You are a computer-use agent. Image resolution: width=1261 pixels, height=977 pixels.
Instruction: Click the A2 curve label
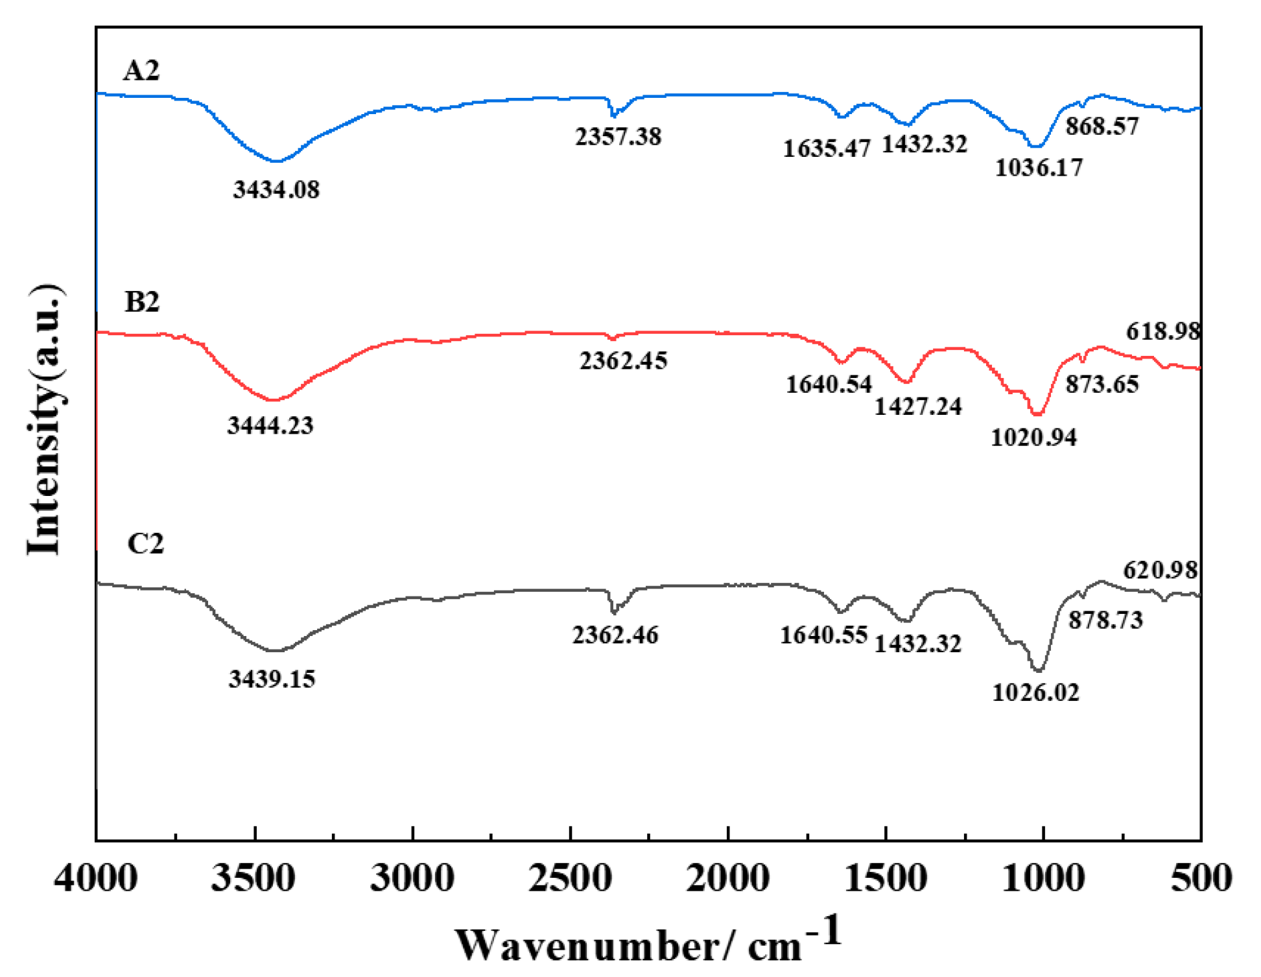click(x=141, y=70)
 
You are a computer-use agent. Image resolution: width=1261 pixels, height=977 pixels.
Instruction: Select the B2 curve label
click(x=142, y=301)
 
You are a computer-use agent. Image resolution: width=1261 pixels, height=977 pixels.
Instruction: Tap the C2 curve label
click(x=145, y=543)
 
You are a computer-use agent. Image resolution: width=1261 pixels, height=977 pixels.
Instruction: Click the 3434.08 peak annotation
click(x=276, y=189)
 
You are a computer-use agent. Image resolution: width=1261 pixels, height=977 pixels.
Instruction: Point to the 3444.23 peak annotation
click(x=270, y=425)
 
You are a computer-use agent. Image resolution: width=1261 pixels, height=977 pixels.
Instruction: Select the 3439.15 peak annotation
click(x=272, y=679)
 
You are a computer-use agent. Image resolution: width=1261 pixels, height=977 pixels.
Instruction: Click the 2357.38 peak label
click(x=618, y=136)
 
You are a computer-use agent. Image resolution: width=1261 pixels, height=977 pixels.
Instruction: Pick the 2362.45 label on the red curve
click(x=623, y=360)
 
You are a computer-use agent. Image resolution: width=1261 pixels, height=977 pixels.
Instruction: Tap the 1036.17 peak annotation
click(x=1039, y=168)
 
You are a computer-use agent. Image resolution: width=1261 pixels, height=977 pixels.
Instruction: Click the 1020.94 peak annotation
click(x=1033, y=438)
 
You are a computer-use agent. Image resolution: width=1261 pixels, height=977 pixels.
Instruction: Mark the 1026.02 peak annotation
click(x=1036, y=693)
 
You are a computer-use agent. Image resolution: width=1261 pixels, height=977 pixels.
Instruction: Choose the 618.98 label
click(x=1163, y=331)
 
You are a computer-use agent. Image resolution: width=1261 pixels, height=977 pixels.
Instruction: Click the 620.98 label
click(x=1161, y=570)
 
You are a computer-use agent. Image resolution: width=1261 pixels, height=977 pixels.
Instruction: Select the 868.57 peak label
click(x=1102, y=126)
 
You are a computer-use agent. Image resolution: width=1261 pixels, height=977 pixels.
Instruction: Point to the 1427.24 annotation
click(x=918, y=406)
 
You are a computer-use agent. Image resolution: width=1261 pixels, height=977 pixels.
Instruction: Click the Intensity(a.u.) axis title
click(x=45, y=419)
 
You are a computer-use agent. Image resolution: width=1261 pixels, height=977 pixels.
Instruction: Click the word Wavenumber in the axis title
click(x=587, y=946)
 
